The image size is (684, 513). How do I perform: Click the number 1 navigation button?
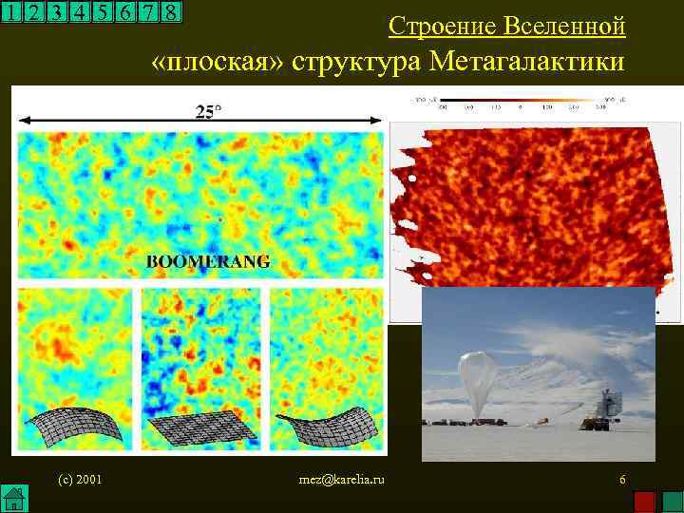tap(11, 12)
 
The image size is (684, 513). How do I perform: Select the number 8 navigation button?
tap(170, 12)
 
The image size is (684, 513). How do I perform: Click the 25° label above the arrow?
tap(208, 111)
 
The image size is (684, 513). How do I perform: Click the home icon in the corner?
tap(12, 499)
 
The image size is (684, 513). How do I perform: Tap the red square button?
tap(644, 501)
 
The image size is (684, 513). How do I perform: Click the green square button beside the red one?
tap(671, 501)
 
